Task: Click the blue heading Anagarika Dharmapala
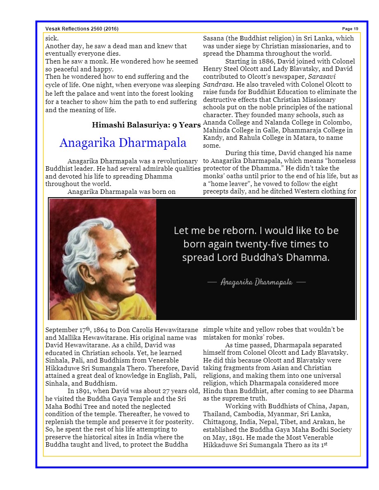pyautogui.click(x=123, y=143)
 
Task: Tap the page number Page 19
pyautogui.click(x=350, y=28)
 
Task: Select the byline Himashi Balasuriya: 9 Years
pyautogui.click(x=146, y=125)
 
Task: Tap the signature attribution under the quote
pyautogui.click(x=256, y=282)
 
